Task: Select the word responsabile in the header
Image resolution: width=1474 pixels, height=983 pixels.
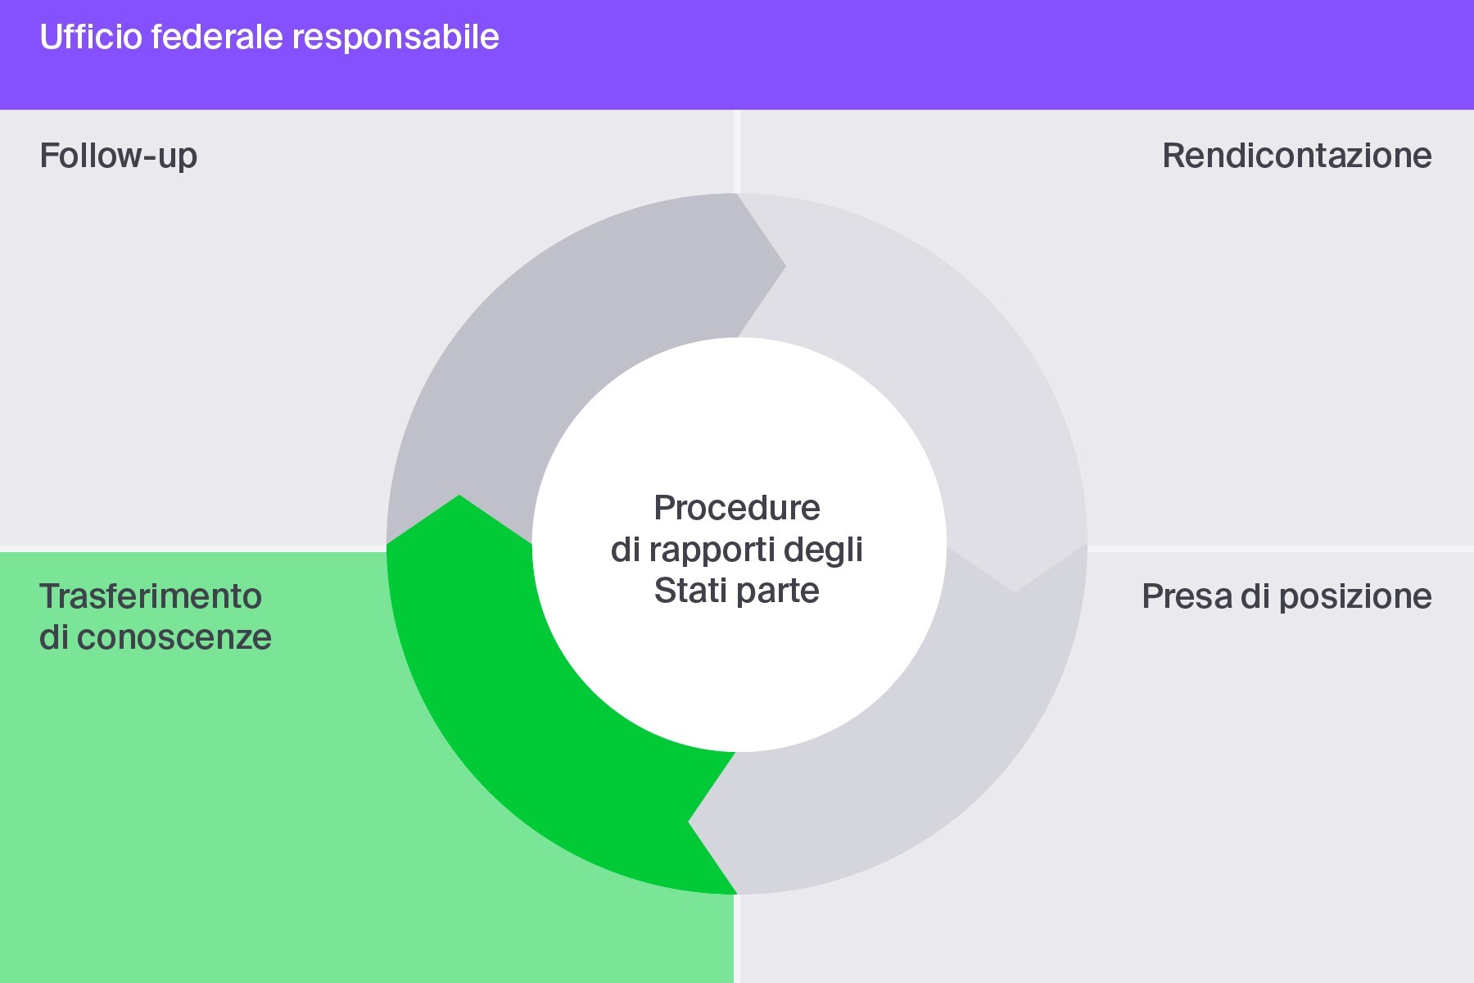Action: point(396,38)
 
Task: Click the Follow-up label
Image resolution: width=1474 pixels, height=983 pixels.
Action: point(119,156)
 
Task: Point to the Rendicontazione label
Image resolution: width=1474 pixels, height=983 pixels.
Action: point(1296,156)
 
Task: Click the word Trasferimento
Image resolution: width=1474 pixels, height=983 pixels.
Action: point(151,596)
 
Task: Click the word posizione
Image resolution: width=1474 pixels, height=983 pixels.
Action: point(1355,596)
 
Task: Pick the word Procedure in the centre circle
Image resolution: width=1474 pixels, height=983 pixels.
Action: point(737,508)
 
